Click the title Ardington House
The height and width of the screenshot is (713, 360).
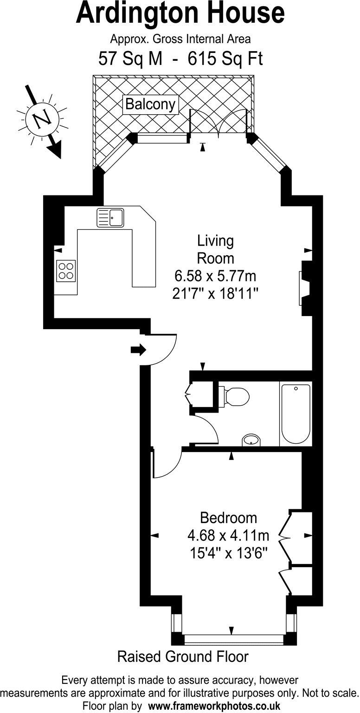(180, 13)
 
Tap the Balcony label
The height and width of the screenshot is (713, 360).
(151, 104)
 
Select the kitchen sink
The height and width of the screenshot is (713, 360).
(110, 218)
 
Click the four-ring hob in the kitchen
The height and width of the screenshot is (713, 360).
(65, 271)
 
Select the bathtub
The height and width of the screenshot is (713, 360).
(296, 414)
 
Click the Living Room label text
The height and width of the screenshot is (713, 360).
(215, 249)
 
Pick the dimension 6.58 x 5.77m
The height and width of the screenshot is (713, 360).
(215, 277)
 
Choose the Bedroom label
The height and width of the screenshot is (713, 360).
(228, 517)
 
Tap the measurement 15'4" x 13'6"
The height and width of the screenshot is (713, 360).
(228, 553)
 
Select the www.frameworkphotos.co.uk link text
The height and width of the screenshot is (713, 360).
(214, 706)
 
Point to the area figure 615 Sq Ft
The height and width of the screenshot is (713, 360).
(225, 59)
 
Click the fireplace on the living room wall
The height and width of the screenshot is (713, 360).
(304, 288)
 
